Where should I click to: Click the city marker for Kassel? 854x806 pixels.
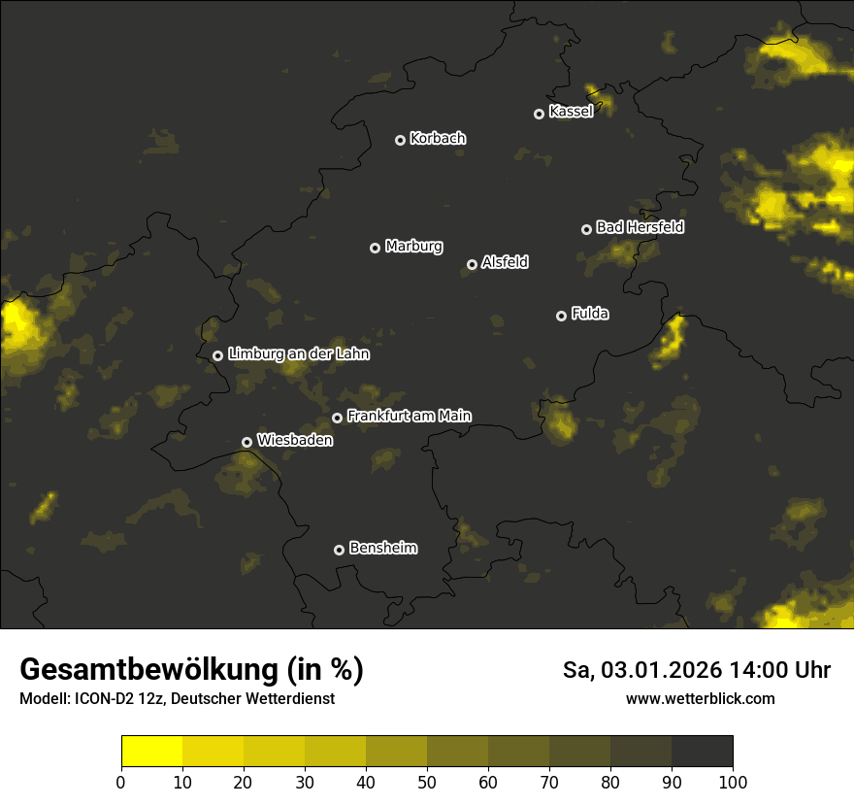coord(539,114)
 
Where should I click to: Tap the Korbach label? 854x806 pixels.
coord(438,139)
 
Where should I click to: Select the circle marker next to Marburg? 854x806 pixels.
coord(375,248)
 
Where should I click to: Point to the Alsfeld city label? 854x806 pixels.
coord(505,263)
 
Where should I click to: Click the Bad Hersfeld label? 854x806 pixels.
coord(640,227)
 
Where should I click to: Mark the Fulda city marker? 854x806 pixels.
coord(561,316)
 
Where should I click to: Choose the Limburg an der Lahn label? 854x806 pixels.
coord(298,354)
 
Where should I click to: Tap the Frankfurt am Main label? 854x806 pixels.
coord(409,416)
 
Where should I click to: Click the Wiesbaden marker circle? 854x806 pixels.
coord(246,442)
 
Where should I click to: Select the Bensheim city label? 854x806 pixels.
coord(382,549)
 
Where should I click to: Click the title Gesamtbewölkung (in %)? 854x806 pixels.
coord(191,669)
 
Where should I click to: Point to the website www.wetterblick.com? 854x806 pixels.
coord(700,698)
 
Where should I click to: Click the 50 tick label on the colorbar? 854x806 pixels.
coord(427,782)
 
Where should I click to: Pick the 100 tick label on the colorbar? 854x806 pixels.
coord(733,782)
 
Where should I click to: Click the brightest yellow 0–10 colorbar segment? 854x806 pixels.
coord(151,752)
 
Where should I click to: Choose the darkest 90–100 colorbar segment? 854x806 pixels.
coord(702,752)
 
